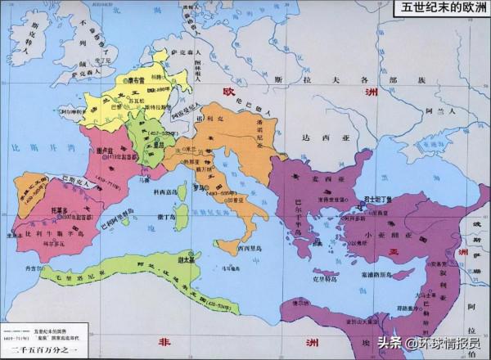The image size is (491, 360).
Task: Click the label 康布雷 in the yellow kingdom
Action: point(138,83)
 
